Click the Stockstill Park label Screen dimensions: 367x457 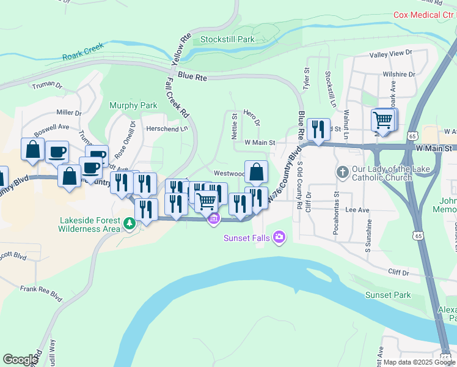pyautogui.click(x=227, y=39)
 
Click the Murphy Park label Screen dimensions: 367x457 pyautogui.click(x=133, y=105)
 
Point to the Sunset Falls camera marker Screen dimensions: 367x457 pyautogui.click(x=279, y=237)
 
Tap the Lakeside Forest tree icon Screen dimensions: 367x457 pyautogui.click(x=129, y=224)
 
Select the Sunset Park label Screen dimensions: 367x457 pyautogui.click(x=388, y=295)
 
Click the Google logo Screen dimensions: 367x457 pyautogui.click(x=20, y=360)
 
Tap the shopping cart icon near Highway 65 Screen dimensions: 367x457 pyautogui.click(x=382, y=120)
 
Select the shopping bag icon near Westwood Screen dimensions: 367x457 pyautogui.click(x=256, y=172)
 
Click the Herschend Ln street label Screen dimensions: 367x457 pyautogui.click(x=166, y=129)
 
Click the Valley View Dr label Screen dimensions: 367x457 pyautogui.click(x=392, y=54)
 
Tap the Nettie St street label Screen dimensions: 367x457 pyautogui.click(x=234, y=126)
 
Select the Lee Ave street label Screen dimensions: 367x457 pyautogui.click(x=357, y=210)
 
